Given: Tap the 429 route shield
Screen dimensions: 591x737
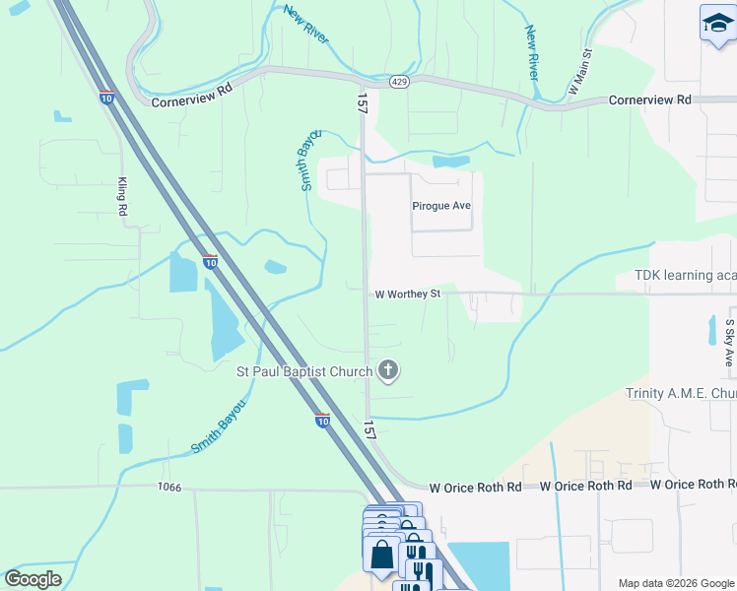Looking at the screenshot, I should coord(398,81).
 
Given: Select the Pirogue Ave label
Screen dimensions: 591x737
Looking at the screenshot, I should coord(441,206).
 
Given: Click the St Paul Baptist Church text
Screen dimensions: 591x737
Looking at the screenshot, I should coord(304,371).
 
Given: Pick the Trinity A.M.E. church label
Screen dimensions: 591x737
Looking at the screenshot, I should coord(681,394).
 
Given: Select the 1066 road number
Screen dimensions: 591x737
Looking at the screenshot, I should coord(169,488).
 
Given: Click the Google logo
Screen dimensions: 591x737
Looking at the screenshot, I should coord(33,579).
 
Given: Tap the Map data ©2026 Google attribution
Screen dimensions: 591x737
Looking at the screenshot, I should coord(675,583).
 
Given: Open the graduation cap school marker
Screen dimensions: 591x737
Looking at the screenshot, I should coord(717,24).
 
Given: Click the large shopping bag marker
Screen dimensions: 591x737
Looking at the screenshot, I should coord(381,554).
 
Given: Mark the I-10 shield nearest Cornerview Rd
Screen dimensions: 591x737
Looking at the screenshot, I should coord(106,97).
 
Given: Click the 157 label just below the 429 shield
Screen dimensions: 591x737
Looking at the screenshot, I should coord(362,103).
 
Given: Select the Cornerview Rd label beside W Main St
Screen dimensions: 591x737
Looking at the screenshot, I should coord(650,100).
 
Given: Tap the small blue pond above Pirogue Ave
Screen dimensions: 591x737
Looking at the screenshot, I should coord(451,161).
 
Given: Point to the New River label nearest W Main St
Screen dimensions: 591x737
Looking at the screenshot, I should coord(532,54).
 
